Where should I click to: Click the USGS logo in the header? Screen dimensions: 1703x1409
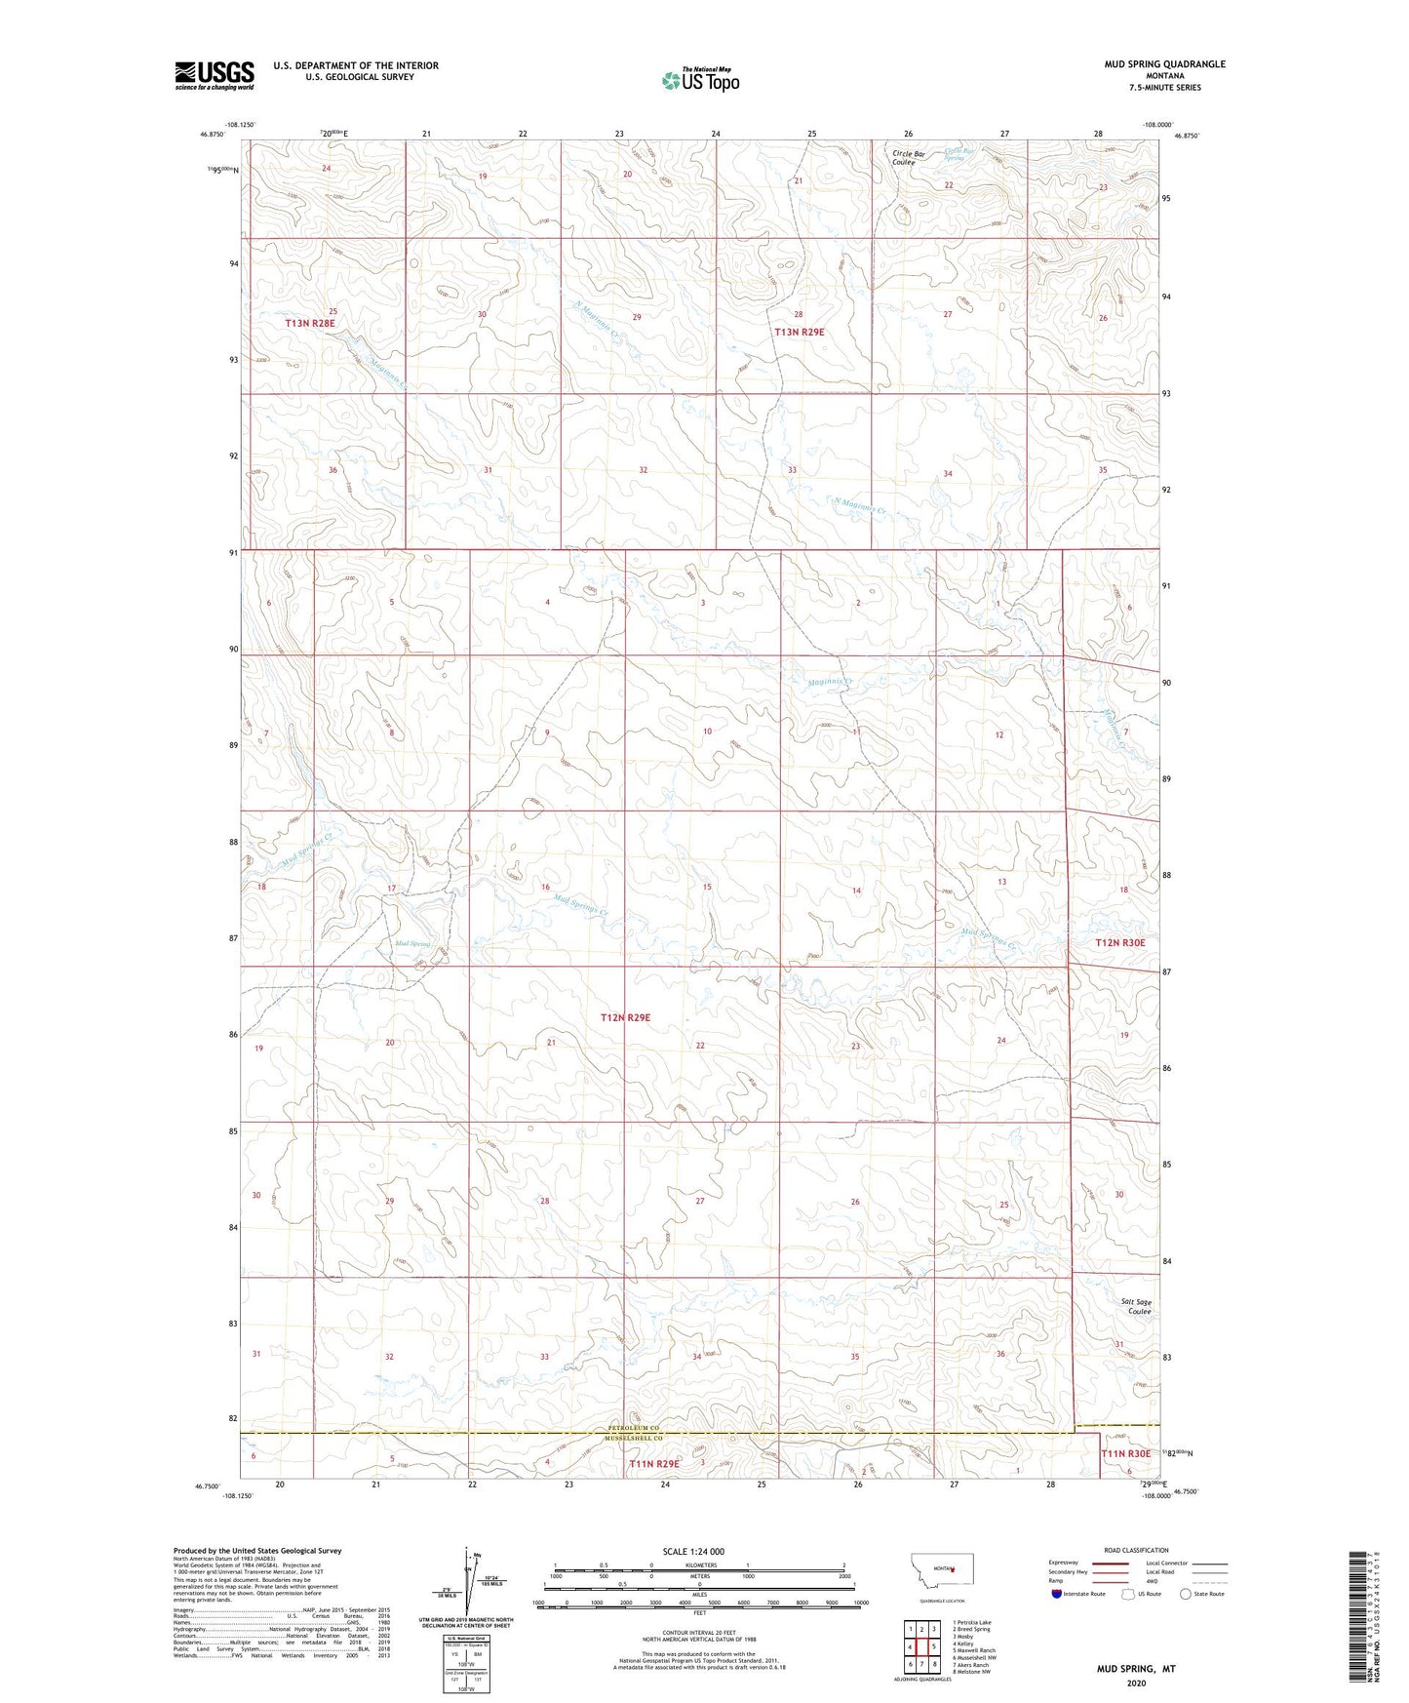[215, 75]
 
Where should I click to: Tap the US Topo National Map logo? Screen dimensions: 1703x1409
[700, 80]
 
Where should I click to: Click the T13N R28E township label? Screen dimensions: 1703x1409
[310, 323]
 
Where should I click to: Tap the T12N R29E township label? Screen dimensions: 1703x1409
[625, 1017]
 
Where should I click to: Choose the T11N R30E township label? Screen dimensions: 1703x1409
[1128, 1454]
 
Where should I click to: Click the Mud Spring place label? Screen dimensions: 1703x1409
[412, 944]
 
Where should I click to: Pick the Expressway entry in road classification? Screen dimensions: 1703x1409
[1063, 1563]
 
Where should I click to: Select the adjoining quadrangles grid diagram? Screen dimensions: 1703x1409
[921, 1648]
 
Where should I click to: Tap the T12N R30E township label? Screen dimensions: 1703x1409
[1119, 943]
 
